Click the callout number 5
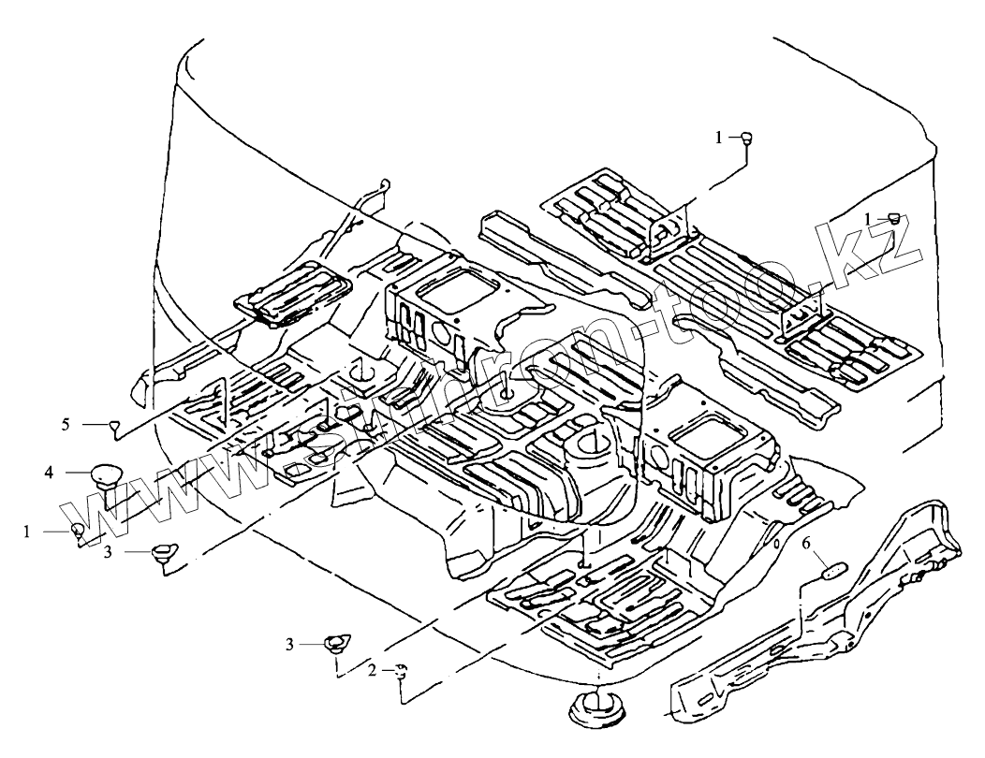click(x=66, y=424)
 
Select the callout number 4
click(x=48, y=474)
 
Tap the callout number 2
click(x=372, y=670)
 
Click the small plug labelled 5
click(x=114, y=427)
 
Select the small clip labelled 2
click(x=401, y=670)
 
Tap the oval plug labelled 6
click(x=832, y=569)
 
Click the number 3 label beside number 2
click(x=290, y=644)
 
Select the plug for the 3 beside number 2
click(x=335, y=644)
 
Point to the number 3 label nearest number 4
click(x=108, y=553)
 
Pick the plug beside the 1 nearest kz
click(x=894, y=219)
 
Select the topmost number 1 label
click(x=719, y=138)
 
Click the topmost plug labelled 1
click(x=747, y=138)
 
